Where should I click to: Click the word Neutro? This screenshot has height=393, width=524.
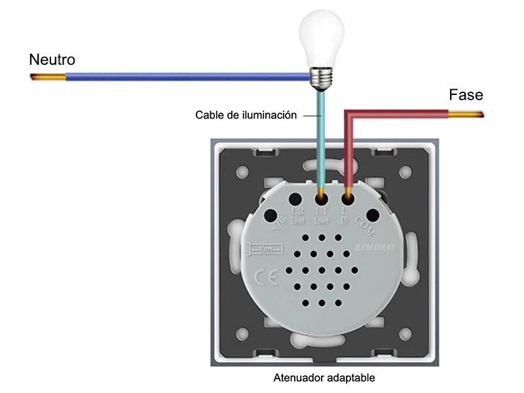[52, 60]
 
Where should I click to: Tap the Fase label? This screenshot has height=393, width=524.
[466, 95]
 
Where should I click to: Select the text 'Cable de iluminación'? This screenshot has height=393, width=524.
[246, 115]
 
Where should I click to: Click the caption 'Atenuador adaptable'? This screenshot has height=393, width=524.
[324, 378]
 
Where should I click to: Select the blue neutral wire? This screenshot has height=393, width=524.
[183, 78]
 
